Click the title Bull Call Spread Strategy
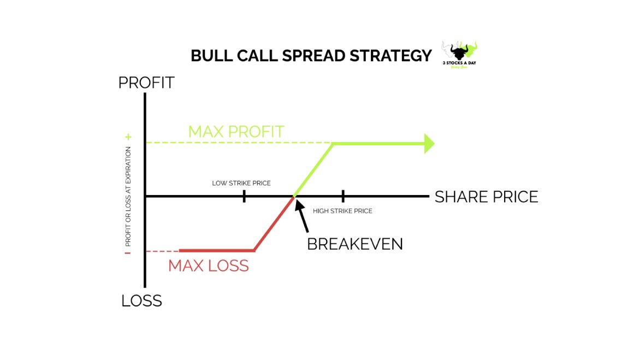(311, 56)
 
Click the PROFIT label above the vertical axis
(146, 82)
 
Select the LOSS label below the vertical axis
(141, 300)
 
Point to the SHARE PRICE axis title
(486, 197)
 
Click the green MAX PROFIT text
(236, 132)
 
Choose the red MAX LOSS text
(208, 266)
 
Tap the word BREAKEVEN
(354, 244)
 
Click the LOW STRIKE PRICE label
(241, 183)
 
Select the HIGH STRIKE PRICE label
(342, 211)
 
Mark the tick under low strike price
(244, 196)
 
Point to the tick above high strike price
(343, 196)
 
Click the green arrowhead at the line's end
(429, 143)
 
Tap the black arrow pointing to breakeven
(303, 216)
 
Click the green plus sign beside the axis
(128, 137)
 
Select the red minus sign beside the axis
(128, 253)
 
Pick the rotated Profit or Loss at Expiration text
(128, 196)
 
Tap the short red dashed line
(162, 251)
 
